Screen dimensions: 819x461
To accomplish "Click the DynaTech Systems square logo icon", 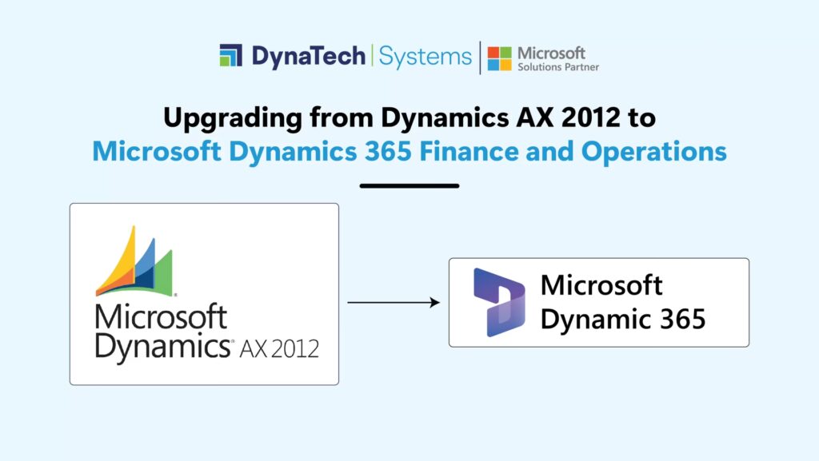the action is tap(231, 55).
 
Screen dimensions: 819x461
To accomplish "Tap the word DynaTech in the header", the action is tap(308, 56).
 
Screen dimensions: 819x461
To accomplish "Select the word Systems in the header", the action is tap(425, 57).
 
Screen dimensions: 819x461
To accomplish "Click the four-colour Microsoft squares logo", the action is tap(499, 58).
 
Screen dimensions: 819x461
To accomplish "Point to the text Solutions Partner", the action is tap(558, 67).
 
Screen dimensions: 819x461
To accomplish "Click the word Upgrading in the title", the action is tap(233, 118).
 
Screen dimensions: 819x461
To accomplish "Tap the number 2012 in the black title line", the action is tap(591, 117).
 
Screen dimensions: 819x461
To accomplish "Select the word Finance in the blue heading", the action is tap(468, 151).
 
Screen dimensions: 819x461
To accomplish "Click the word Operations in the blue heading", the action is tap(654, 152).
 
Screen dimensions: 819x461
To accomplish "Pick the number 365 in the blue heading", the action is tap(387, 151).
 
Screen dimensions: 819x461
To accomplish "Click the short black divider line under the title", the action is tap(409, 185).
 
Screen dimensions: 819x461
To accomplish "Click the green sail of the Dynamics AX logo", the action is tap(162, 274).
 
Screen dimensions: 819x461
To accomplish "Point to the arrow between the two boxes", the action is tap(394, 302).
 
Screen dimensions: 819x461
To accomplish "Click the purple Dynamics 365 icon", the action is tap(499, 303).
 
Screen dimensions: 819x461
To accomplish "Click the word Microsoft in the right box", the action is tap(601, 284).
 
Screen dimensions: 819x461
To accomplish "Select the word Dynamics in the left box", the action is tap(163, 347).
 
